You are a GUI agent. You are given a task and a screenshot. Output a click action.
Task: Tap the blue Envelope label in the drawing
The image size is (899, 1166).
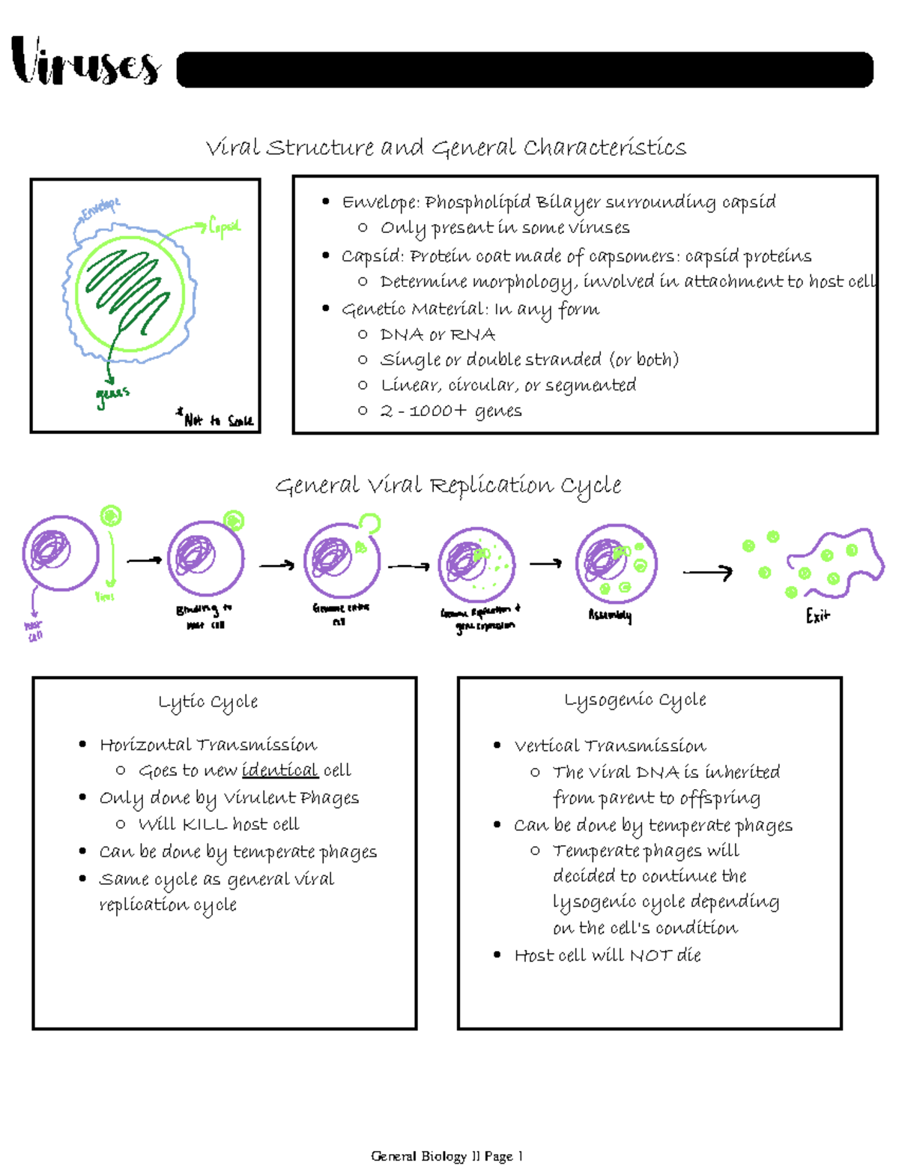(x=100, y=209)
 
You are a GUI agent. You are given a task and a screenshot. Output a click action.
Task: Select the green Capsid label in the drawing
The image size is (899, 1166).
(x=224, y=226)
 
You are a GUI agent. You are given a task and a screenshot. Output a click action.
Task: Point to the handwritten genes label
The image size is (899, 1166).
(x=112, y=396)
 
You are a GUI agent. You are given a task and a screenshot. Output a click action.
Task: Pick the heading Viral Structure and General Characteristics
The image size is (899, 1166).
(x=446, y=148)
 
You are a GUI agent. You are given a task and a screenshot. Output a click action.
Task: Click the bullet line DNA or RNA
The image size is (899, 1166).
(x=438, y=335)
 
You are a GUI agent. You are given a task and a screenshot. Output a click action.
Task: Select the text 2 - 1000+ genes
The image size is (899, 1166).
(x=451, y=411)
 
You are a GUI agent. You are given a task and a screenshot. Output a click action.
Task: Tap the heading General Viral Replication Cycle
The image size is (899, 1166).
(x=448, y=486)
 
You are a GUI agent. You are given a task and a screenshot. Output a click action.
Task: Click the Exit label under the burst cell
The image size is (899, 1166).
(x=817, y=616)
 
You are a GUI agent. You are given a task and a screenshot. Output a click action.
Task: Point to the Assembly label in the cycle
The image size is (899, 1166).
(x=610, y=615)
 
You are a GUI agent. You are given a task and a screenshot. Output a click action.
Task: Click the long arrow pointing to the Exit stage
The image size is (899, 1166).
(x=707, y=573)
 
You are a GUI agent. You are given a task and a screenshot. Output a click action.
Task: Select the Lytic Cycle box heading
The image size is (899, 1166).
(x=208, y=702)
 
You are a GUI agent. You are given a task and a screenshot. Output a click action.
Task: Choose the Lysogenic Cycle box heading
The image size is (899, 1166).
(x=635, y=700)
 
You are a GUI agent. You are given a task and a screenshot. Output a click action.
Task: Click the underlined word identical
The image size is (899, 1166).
(x=279, y=770)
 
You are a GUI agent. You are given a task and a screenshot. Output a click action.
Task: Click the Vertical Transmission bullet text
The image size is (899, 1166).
(x=610, y=746)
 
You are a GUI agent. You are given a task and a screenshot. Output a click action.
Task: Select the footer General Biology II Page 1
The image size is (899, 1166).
(x=447, y=1156)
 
